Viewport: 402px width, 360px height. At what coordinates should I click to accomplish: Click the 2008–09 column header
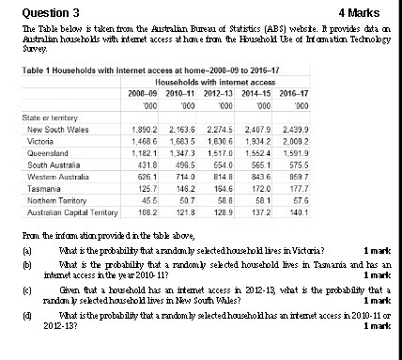click(x=142, y=94)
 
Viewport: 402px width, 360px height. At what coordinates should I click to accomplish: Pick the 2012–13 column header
click(x=217, y=94)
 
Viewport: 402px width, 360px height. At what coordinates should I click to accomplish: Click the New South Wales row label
click(x=59, y=128)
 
